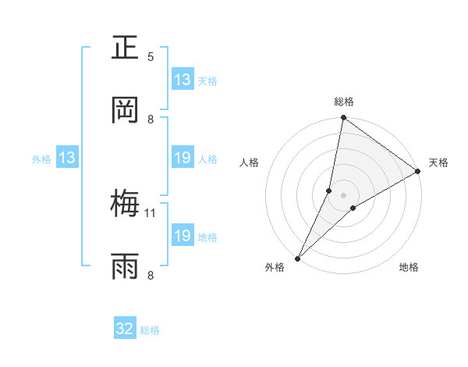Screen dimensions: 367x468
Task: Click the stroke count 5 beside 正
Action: pos(151,57)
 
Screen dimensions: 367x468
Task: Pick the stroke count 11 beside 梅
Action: pos(151,212)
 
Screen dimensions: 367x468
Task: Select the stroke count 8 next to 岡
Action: pos(151,119)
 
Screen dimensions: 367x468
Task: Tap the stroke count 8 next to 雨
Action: pos(151,275)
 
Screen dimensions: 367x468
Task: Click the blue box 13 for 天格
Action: pos(183,80)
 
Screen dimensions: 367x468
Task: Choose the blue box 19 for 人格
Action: pos(183,158)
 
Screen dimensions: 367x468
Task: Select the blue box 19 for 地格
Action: pos(183,236)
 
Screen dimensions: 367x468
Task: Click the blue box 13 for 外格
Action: pos(67,158)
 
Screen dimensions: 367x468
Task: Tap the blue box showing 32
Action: pos(125,329)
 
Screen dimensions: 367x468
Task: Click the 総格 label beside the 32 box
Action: pos(151,330)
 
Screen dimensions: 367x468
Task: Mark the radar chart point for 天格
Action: pos(418,172)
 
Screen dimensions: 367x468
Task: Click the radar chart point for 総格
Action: pos(343,119)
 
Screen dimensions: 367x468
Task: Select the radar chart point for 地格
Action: pos(353,208)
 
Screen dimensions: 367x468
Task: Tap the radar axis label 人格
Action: pos(250,162)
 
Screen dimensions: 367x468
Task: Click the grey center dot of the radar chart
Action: pos(343,194)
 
